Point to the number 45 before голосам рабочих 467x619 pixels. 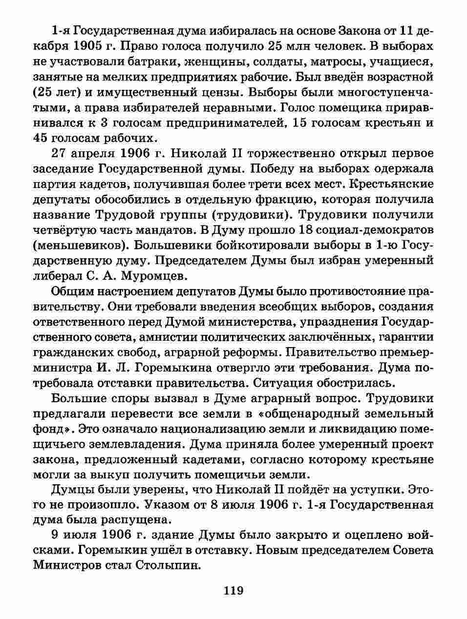point(43,138)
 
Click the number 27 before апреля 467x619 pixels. point(61,154)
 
